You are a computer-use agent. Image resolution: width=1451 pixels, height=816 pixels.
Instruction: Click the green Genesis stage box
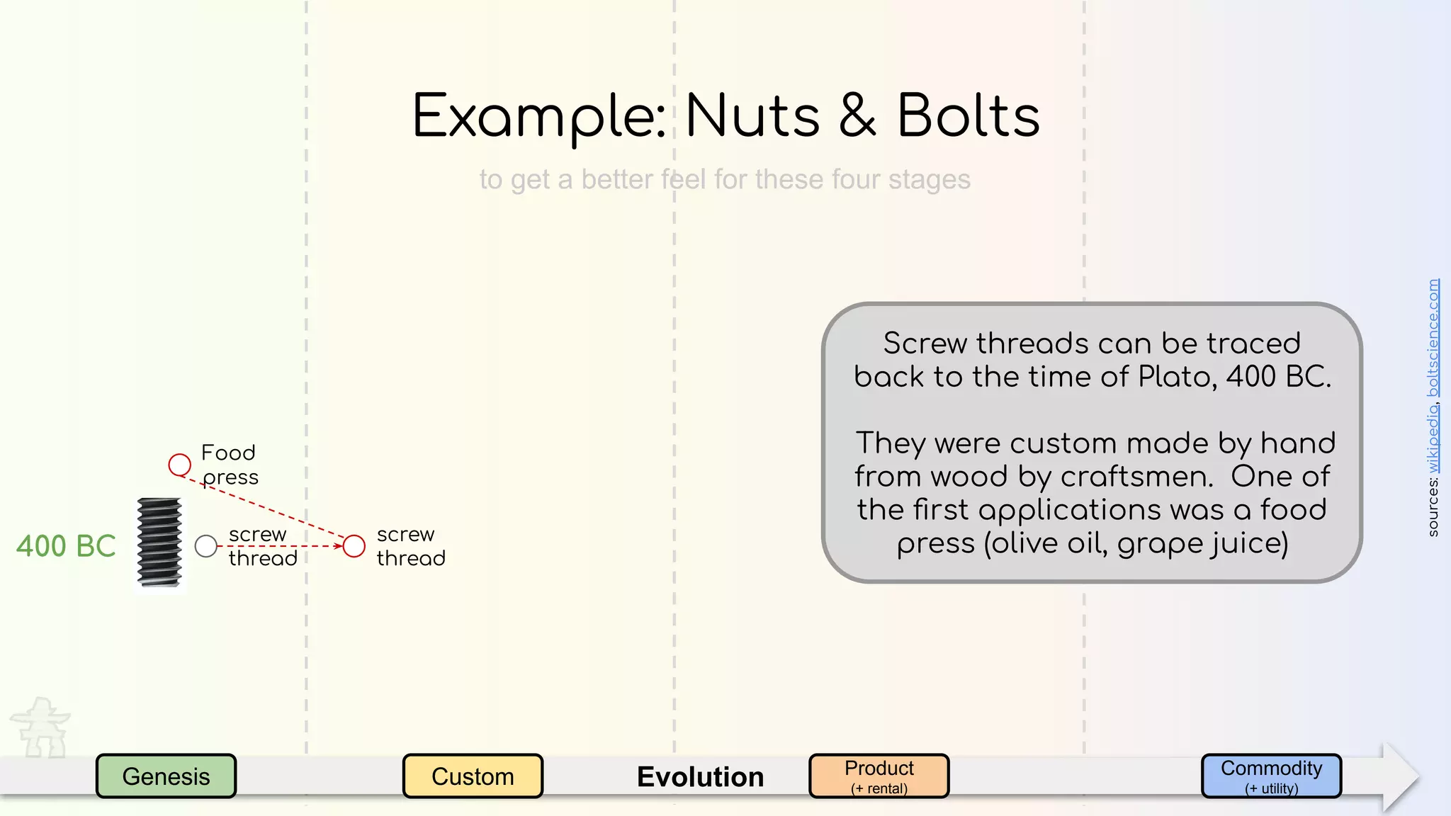click(x=166, y=776)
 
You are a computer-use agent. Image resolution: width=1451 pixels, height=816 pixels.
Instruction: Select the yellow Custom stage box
click(x=473, y=776)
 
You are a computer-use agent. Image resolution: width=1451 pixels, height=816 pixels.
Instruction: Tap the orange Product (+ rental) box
click(x=879, y=776)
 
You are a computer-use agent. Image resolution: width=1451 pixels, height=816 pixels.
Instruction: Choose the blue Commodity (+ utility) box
click(x=1271, y=776)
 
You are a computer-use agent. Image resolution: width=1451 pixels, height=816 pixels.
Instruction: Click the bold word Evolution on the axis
click(x=700, y=777)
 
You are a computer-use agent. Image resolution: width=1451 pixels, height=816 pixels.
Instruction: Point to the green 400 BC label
click(x=66, y=546)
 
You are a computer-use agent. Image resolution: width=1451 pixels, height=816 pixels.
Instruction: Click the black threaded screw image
click(x=159, y=543)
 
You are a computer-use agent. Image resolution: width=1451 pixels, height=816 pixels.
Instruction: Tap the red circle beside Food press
click(x=180, y=465)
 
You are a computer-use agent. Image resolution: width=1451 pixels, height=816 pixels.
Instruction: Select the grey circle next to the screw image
click(x=205, y=546)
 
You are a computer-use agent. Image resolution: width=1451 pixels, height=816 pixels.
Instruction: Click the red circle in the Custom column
click(x=354, y=546)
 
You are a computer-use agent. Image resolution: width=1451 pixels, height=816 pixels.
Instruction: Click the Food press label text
click(x=230, y=465)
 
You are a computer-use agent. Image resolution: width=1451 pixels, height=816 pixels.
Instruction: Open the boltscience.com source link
click(x=1433, y=338)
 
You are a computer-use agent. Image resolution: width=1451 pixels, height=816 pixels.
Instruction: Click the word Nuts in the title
click(x=752, y=116)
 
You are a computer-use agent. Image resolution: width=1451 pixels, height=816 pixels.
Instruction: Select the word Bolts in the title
click(x=969, y=116)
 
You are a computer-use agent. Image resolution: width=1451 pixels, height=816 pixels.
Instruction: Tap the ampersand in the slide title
click(x=858, y=116)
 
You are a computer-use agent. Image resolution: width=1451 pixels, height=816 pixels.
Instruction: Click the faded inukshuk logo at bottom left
click(x=41, y=727)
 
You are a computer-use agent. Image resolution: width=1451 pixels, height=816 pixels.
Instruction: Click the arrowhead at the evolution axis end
click(x=1401, y=777)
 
